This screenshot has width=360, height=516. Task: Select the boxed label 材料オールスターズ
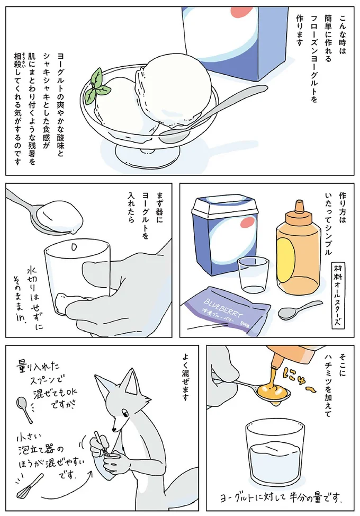[337, 294]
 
